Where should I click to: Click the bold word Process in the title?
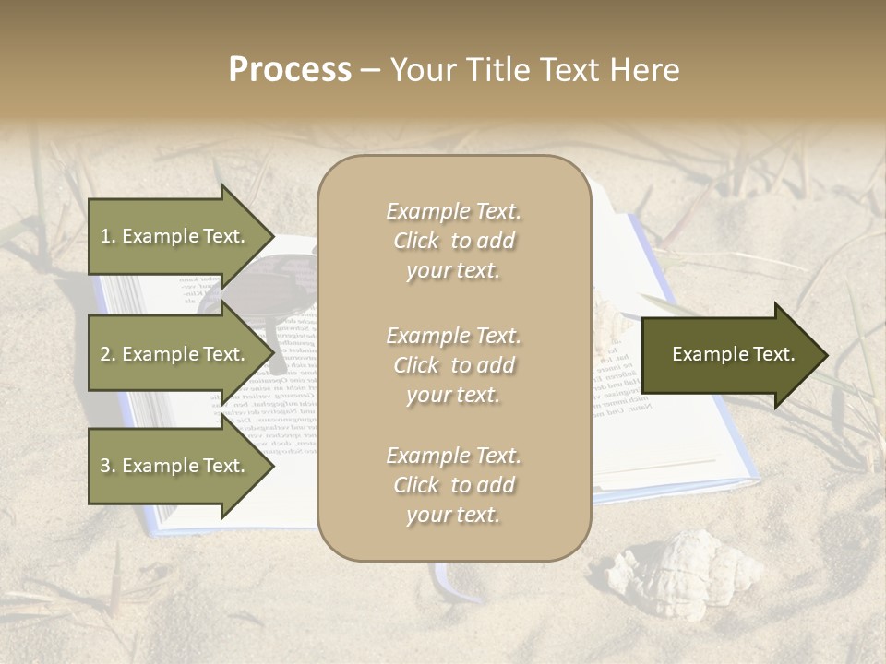290,70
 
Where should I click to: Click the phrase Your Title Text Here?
534,70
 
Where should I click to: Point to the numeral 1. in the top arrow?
108,236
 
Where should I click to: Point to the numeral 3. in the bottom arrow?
108,466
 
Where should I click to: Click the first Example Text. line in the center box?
453,211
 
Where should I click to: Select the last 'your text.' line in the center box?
453,516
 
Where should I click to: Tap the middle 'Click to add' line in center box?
453,365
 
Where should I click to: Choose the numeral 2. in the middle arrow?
108,354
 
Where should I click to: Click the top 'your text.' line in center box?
453,271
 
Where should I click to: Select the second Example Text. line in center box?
453,336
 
